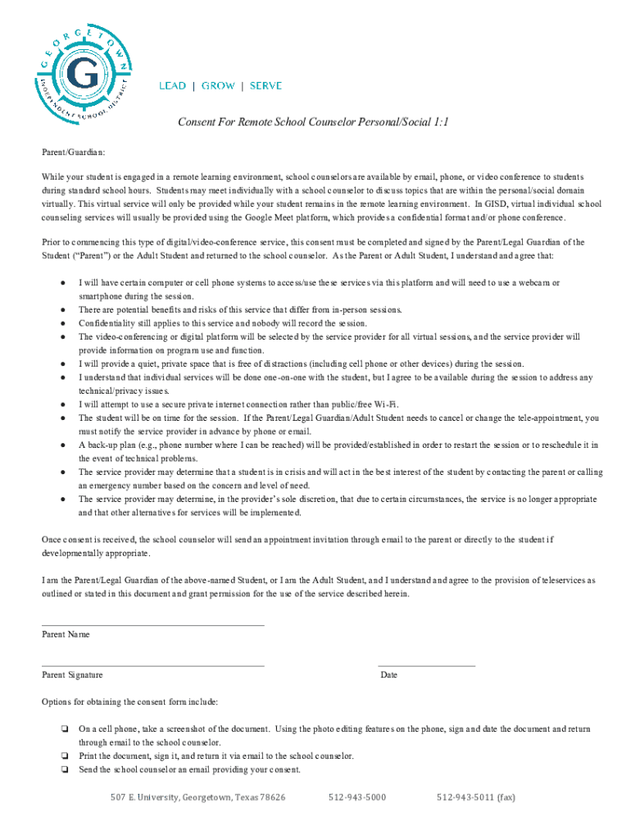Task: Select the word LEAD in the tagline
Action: point(172,86)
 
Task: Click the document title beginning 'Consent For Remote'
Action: point(314,122)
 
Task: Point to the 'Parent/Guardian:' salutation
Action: point(74,153)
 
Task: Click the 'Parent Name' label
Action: point(66,635)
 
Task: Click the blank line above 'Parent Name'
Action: point(153,625)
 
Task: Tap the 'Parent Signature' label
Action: point(72,675)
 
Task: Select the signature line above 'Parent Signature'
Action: point(153,665)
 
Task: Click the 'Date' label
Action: point(388,675)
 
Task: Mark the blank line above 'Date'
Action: point(426,665)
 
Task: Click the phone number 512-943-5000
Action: point(357,797)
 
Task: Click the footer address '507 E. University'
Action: point(197,797)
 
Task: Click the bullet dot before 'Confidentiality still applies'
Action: point(63,324)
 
